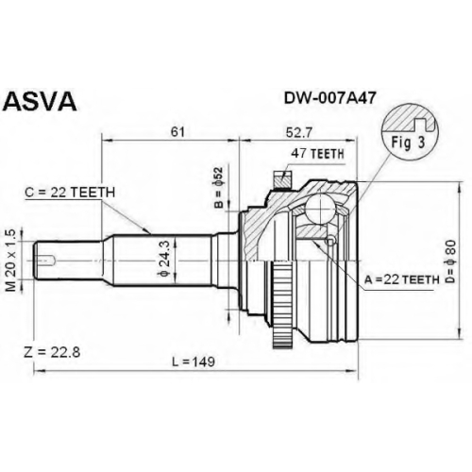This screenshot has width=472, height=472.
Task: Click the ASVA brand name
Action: (x=41, y=101)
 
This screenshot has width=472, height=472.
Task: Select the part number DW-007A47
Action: (x=329, y=98)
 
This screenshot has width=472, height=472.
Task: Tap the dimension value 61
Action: (x=177, y=132)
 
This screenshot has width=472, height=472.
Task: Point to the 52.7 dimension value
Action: (x=298, y=133)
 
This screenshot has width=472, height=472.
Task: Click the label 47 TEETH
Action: (x=318, y=154)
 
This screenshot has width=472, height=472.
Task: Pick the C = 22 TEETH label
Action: (x=70, y=193)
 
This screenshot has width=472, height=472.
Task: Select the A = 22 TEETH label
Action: (x=402, y=279)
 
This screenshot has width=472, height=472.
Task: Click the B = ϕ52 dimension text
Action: (x=219, y=188)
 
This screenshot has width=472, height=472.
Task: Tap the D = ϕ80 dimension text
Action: (x=450, y=261)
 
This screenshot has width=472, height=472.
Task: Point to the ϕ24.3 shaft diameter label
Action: (x=165, y=258)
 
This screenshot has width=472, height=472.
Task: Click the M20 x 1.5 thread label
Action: (x=10, y=261)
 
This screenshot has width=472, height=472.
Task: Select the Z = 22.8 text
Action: (x=52, y=352)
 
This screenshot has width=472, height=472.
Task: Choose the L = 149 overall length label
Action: (x=194, y=362)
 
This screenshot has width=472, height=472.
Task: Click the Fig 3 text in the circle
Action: (x=408, y=143)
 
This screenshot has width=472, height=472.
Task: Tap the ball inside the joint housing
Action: (x=320, y=210)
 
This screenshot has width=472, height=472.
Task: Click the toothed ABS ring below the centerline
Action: (x=283, y=305)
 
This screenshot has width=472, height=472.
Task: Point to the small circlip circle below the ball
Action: (x=329, y=242)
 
